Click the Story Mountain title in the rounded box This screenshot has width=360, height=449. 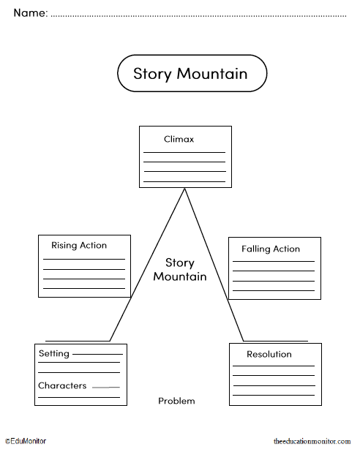pyautogui.click(x=190, y=74)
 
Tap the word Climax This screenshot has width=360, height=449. pyautogui.click(x=179, y=139)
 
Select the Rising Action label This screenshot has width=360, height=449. pyautogui.click(x=79, y=246)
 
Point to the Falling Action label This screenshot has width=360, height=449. pyautogui.click(x=271, y=249)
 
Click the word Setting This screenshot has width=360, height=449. pyautogui.click(x=53, y=354)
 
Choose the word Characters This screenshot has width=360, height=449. pyautogui.click(x=62, y=385)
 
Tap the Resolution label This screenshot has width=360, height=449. pyautogui.click(x=269, y=355)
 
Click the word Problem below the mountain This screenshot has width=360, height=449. pyautogui.click(x=176, y=401)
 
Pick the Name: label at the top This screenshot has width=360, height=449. pyautogui.click(x=30, y=13)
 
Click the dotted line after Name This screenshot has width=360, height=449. pyautogui.click(x=198, y=15)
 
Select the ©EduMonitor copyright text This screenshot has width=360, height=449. pyautogui.click(x=26, y=441)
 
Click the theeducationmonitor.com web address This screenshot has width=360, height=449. pyautogui.click(x=312, y=442)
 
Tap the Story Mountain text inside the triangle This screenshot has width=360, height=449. pyautogui.click(x=179, y=269)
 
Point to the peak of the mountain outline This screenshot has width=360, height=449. pyautogui.click(x=185, y=189)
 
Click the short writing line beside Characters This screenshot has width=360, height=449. pyautogui.click(x=105, y=387)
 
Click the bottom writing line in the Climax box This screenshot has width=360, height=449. pyautogui.click(x=184, y=181)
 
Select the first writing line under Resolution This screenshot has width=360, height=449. pyautogui.click(x=274, y=366)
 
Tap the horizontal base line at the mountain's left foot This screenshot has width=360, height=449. pyautogui.click(x=77, y=341)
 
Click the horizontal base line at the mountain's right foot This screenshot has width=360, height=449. pyautogui.click(x=276, y=342)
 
